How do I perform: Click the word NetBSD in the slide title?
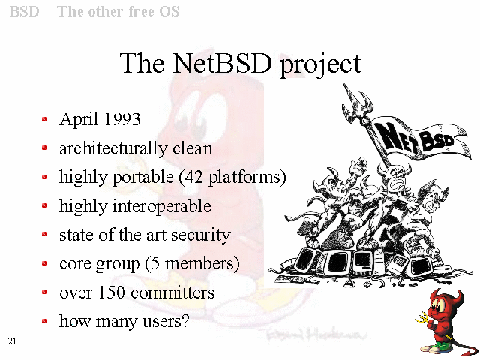222,63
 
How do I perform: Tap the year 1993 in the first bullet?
122,118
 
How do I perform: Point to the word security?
200,235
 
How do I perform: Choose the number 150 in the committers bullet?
111,292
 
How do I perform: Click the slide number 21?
12,341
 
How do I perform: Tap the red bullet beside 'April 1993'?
44,119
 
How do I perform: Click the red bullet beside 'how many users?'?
44,321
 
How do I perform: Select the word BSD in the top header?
25,12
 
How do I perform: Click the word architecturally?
113,148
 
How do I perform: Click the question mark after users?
185,321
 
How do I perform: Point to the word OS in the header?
169,12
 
